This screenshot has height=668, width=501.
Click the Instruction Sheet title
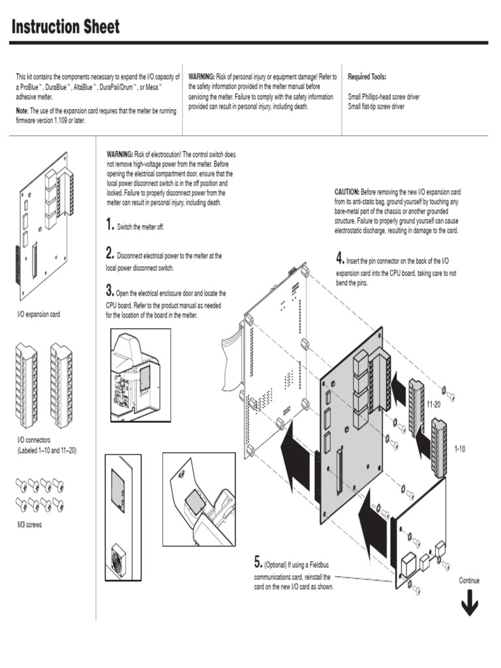(66, 27)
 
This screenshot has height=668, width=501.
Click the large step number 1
(110, 226)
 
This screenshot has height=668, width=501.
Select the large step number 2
(110, 254)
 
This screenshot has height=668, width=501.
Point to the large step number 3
(110, 290)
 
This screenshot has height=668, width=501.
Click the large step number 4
(340, 258)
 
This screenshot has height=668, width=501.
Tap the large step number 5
(258, 562)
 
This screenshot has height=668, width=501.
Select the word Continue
(469, 581)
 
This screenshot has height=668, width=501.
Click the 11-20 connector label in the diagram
(434, 405)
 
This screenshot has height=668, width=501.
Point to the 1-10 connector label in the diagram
(459, 449)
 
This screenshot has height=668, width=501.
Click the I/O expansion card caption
(38, 314)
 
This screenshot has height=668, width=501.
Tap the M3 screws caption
(29, 524)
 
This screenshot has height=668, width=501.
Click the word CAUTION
(346, 192)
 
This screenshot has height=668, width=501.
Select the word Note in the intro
(22, 112)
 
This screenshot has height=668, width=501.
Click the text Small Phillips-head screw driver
(384, 97)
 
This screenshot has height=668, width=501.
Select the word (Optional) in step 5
(277, 564)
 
